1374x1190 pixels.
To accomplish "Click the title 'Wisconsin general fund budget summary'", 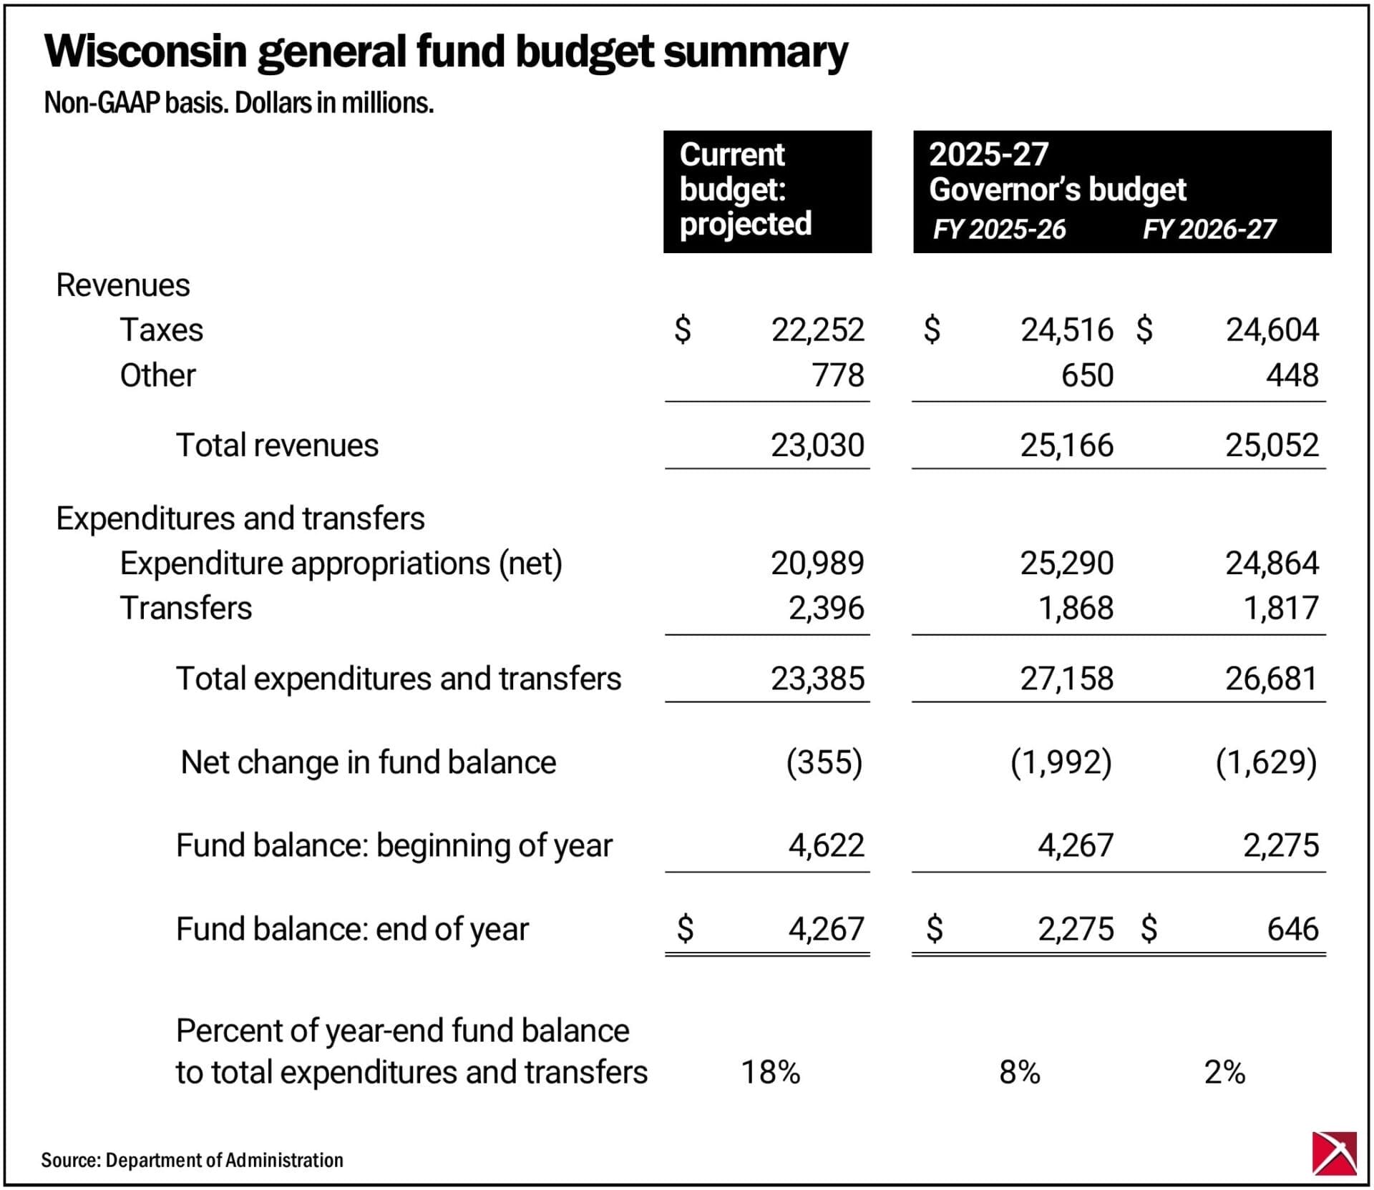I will [445, 51].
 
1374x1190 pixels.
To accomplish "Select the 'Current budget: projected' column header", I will [746, 190].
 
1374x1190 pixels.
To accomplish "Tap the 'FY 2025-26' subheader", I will [999, 230].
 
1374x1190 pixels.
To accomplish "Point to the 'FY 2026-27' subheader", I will [1209, 230].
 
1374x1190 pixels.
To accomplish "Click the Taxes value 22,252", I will [817, 330].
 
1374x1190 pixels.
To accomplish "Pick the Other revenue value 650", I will [1087, 375].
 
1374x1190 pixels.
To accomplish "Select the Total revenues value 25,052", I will [1272, 446].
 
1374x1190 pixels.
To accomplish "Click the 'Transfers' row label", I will [186, 609].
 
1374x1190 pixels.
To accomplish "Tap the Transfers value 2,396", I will [826, 609].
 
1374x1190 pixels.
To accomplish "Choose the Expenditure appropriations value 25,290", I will [1066, 564].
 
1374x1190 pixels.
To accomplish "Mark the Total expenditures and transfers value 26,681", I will [1272, 679].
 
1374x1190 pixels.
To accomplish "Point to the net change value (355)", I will [824, 762].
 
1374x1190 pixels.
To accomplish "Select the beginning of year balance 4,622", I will [826, 845].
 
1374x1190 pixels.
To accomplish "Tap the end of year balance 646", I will [1292, 929].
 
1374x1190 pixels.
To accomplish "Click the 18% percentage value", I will [770, 1072].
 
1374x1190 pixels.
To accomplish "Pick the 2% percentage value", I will [1224, 1072].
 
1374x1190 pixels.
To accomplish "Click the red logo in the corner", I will [1335, 1153].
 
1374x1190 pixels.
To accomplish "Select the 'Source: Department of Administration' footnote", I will [192, 1160].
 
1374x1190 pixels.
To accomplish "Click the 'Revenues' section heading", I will [123, 285].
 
